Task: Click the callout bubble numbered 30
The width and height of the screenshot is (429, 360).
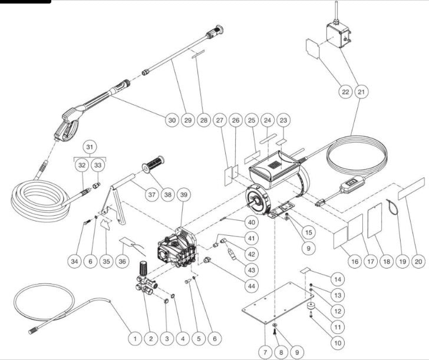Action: (x=171, y=120)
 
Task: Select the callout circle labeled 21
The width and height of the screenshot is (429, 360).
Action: (x=361, y=92)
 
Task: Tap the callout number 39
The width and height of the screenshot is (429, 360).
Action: (x=184, y=195)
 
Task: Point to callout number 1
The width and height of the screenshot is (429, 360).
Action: (x=135, y=339)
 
